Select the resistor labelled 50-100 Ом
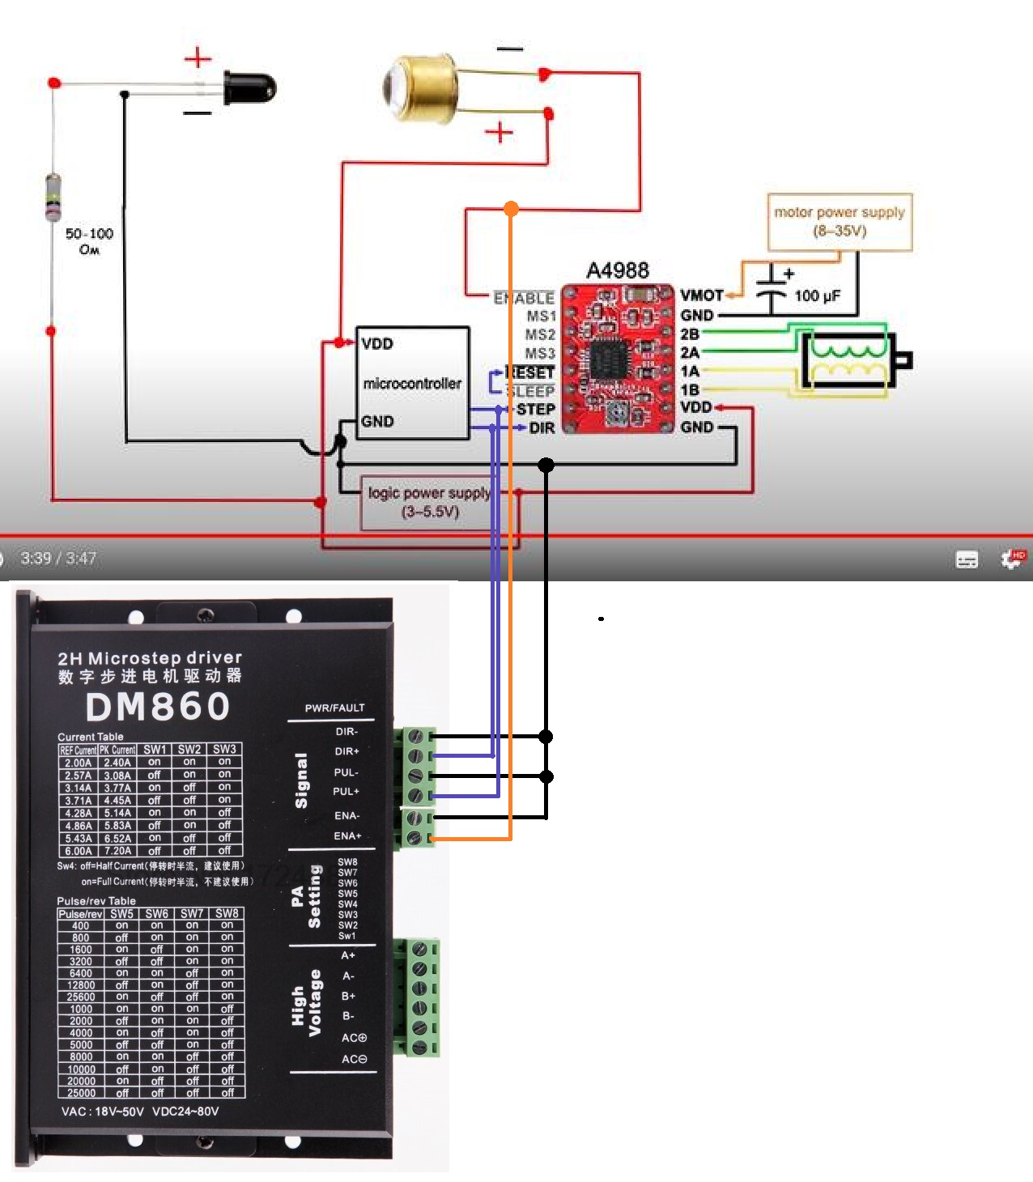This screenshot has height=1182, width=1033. click(x=53, y=197)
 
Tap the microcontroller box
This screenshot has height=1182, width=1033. click(x=412, y=383)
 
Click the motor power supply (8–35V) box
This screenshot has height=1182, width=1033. click(x=840, y=221)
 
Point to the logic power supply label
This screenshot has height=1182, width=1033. click(x=429, y=502)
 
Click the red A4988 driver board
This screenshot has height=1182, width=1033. click(x=618, y=359)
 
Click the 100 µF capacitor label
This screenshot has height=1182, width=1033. click(x=817, y=296)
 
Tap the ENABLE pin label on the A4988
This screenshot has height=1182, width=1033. click(x=524, y=298)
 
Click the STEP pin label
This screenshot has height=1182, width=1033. click(x=535, y=409)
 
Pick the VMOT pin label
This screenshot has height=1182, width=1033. click(x=701, y=295)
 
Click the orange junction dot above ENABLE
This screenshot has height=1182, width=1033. click(x=511, y=209)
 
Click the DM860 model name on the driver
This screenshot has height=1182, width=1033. click(x=158, y=706)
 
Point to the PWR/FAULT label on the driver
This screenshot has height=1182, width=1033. click(x=334, y=708)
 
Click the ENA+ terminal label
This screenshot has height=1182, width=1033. click(x=347, y=835)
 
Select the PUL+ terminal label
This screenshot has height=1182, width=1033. click(x=346, y=791)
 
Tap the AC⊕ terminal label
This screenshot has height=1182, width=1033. click(x=354, y=1037)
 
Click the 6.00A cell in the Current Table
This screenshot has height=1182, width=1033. click(x=78, y=851)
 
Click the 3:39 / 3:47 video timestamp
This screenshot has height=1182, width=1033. click(x=58, y=559)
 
